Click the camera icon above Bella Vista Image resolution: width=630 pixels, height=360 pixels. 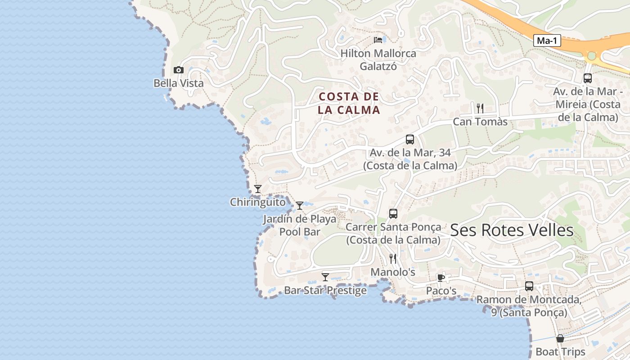(x=179, y=70)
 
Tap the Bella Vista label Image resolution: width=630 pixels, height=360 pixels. (x=179, y=83)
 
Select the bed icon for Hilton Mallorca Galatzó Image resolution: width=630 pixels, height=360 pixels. (x=378, y=40)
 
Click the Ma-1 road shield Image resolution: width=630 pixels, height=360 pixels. (x=548, y=40)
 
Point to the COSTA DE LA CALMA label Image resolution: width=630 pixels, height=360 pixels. (x=349, y=103)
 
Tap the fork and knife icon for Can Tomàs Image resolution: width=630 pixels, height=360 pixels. (x=480, y=108)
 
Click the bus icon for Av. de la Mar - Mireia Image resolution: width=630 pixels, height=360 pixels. (x=588, y=78)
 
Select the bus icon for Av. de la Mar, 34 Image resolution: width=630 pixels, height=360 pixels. (x=409, y=139)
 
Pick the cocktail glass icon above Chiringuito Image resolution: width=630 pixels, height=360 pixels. (x=258, y=189)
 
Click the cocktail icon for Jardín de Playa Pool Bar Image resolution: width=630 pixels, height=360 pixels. (x=299, y=206)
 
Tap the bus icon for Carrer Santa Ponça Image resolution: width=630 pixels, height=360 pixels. (x=393, y=214)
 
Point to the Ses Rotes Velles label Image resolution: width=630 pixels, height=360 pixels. (x=512, y=230)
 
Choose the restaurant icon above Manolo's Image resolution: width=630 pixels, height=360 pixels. (x=393, y=259)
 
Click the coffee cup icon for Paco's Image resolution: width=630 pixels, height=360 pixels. (x=441, y=278)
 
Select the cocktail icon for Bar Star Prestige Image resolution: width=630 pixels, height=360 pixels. (x=325, y=277)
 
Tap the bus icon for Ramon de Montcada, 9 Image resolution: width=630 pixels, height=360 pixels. (x=529, y=286)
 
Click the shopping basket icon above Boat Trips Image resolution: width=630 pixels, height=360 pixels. (x=560, y=338)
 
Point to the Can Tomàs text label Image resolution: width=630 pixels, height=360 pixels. (x=480, y=122)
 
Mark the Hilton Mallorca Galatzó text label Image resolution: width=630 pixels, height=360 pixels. (x=378, y=60)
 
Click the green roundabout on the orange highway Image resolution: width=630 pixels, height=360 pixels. (x=591, y=56)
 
